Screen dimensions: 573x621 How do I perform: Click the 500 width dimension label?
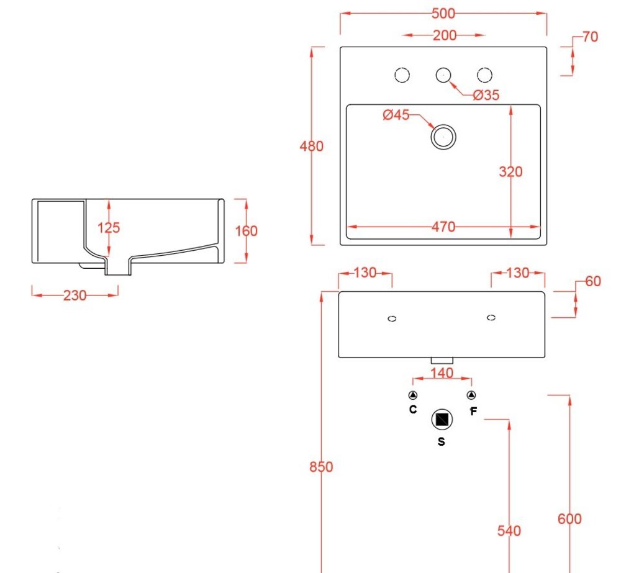click(x=443, y=13)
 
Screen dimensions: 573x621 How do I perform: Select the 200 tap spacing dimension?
click(x=445, y=35)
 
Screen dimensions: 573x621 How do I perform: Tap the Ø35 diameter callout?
click(x=486, y=95)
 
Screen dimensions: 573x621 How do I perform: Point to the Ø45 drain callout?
click(x=396, y=115)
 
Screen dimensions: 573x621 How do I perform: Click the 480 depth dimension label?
click(x=312, y=147)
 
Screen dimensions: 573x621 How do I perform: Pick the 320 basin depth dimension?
click(x=510, y=171)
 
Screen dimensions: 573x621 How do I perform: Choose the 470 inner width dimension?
click(x=443, y=227)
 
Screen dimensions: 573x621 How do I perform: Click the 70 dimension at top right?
click(x=591, y=37)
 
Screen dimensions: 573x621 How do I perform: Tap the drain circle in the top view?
click(x=443, y=135)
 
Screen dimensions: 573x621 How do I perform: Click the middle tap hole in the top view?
click(x=443, y=75)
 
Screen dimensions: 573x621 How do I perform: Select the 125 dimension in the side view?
click(x=109, y=228)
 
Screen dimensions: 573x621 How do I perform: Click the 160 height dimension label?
click(x=247, y=231)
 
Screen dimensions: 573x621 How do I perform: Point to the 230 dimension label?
click(x=75, y=296)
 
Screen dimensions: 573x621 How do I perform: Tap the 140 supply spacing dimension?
click(x=442, y=373)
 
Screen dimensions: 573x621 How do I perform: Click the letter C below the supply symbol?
click(x=413, y=409)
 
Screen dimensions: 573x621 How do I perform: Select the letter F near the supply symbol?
click(x=473, y=411)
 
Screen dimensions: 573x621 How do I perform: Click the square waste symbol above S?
click(x=442, y=420)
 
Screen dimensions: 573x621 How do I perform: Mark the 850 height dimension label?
click(x=322, y=467)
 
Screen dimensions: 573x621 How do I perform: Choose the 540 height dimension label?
click(x=509, y=531)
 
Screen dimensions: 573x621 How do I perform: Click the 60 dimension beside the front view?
click(x=593, y=281)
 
